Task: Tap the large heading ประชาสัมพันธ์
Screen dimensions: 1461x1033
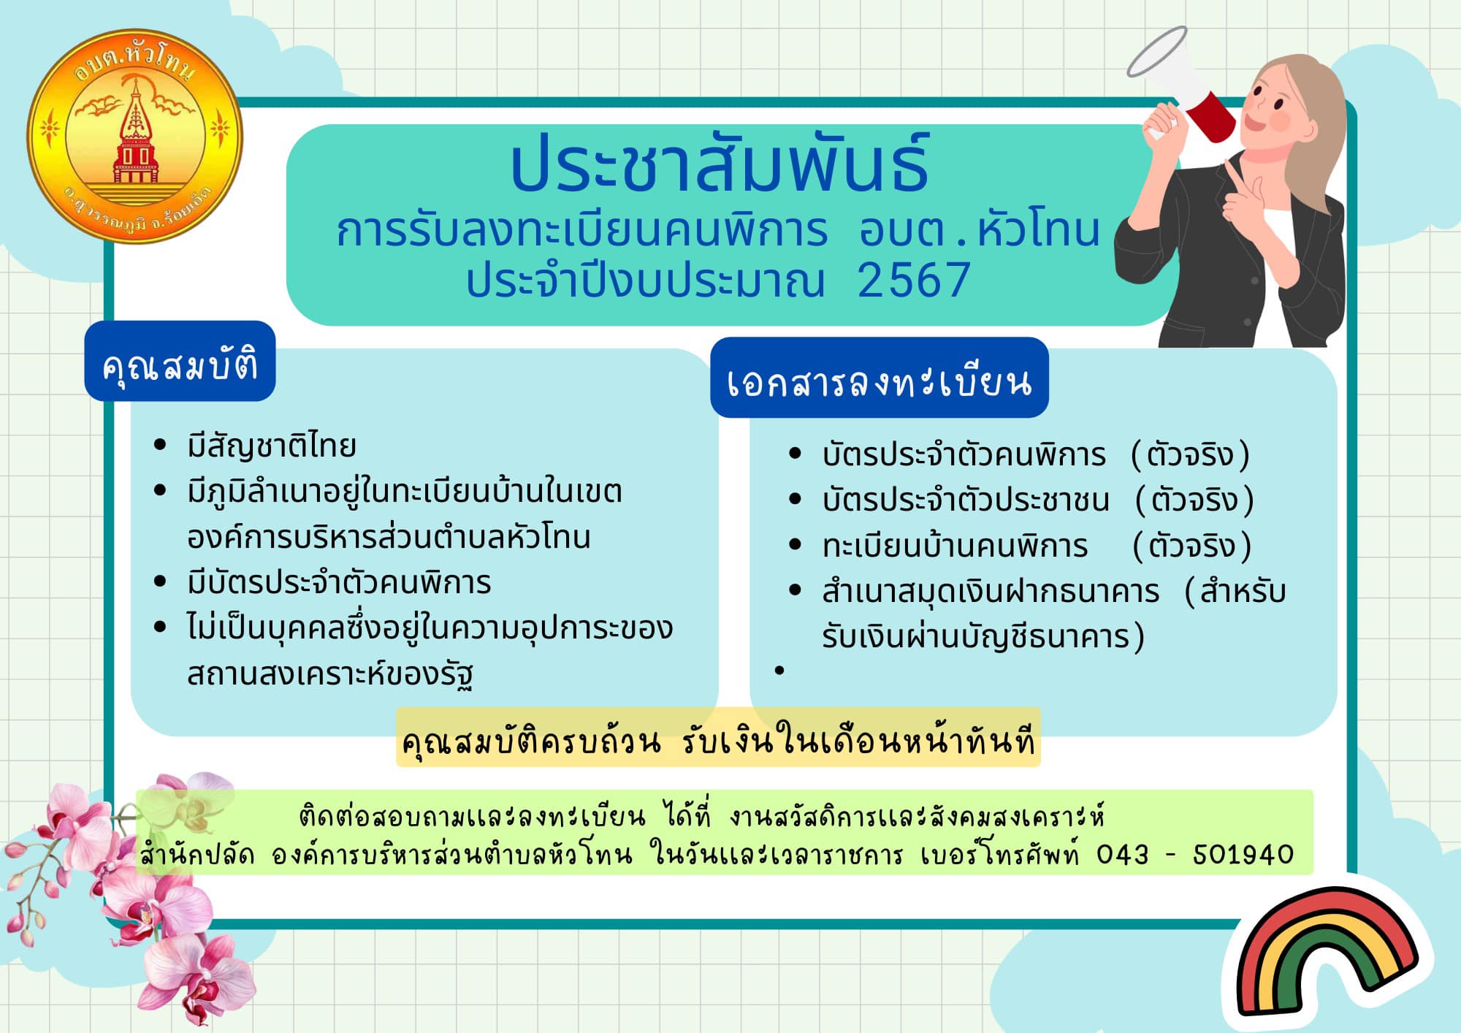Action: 720,164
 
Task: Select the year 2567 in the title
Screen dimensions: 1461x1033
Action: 913,280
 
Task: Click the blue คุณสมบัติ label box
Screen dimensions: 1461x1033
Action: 180,361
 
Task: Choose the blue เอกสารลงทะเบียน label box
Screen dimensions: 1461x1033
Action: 880,378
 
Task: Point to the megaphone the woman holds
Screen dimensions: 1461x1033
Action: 1180,84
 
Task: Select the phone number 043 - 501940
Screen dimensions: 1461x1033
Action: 1195,854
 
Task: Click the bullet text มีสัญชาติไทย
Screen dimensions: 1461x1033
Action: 272,446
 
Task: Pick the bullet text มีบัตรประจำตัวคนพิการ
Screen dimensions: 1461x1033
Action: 339,582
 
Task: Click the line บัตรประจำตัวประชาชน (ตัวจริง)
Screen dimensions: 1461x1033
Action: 1037,500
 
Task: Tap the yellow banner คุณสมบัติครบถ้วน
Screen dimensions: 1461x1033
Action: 718,738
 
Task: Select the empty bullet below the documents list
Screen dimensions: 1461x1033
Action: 779,670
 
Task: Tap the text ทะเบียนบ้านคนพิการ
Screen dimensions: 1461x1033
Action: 955,546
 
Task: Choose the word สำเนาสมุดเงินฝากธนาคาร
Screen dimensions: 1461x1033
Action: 991,591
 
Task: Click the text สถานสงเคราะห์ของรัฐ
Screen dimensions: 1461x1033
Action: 330,674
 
